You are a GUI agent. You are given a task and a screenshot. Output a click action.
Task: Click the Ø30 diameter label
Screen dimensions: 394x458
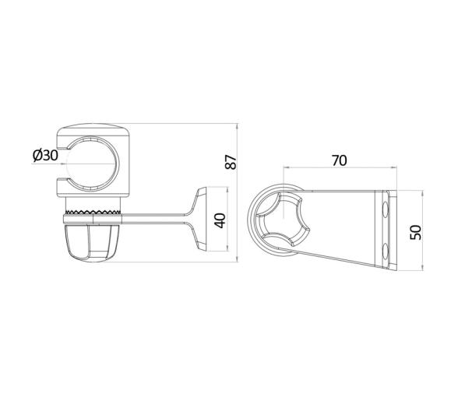click(x=45, y=156)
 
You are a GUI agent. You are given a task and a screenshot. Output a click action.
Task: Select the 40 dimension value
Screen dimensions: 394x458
click(x=220, y=220)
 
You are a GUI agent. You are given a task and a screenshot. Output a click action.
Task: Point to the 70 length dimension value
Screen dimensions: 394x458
click(x=339, y=161)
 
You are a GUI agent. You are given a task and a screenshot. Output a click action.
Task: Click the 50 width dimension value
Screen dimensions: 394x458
click(x=415, y=231)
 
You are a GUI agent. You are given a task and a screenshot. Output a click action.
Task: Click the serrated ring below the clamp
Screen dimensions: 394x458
click(x=92, y=212)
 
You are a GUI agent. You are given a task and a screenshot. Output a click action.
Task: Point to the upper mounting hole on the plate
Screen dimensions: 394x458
click(x=388, y=209)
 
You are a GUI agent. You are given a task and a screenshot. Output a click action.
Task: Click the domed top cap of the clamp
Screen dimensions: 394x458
click(x=92, y=130)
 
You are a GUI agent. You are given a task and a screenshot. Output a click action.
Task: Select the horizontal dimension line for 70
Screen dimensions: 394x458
click(x=339, y=168)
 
